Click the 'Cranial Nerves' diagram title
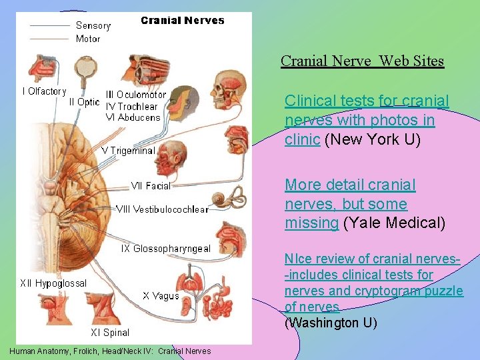pos(183,21)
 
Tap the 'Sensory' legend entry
pos(93,25)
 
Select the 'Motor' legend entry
pos(88,39)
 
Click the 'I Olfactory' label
pos(45,91)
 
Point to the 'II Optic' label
pos(84,102)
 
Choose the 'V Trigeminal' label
pos(128,151)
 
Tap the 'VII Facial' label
pos(151,186)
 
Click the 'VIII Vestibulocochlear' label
pos(162,209)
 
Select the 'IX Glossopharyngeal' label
pos(165,249)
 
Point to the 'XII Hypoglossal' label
pos(53,283)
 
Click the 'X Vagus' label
pos(161,295)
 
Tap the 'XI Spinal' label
pos(110,332)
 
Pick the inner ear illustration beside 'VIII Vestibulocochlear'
pos(220,201)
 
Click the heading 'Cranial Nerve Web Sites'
pos(362,61)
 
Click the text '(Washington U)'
pos(331,323)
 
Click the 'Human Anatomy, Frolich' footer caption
pos(111,351)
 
